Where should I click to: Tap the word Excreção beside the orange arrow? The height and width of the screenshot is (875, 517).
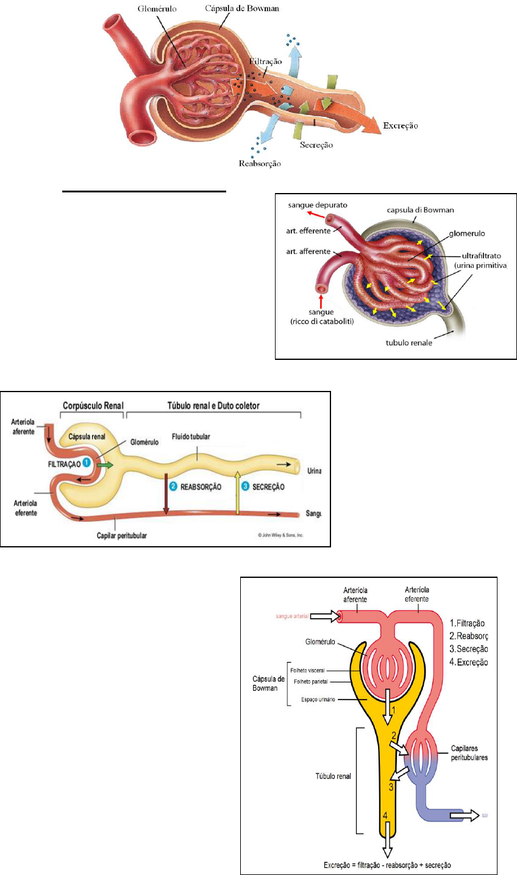click(401, 126)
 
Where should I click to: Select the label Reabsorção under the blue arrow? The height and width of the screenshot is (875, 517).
click(260, 163)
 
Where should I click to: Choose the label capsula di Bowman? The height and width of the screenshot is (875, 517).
click(421, 210)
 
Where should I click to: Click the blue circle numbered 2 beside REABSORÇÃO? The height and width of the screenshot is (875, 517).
click(174, 487)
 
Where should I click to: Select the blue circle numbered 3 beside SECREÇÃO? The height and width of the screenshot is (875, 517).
click(246, 487)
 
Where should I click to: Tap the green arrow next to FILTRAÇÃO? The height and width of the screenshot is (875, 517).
click(104, 465)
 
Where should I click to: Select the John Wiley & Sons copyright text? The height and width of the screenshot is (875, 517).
click(279, 536)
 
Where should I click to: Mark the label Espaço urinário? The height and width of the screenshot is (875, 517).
click(318, 700)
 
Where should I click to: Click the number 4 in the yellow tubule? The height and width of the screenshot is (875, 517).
click(385, 815)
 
